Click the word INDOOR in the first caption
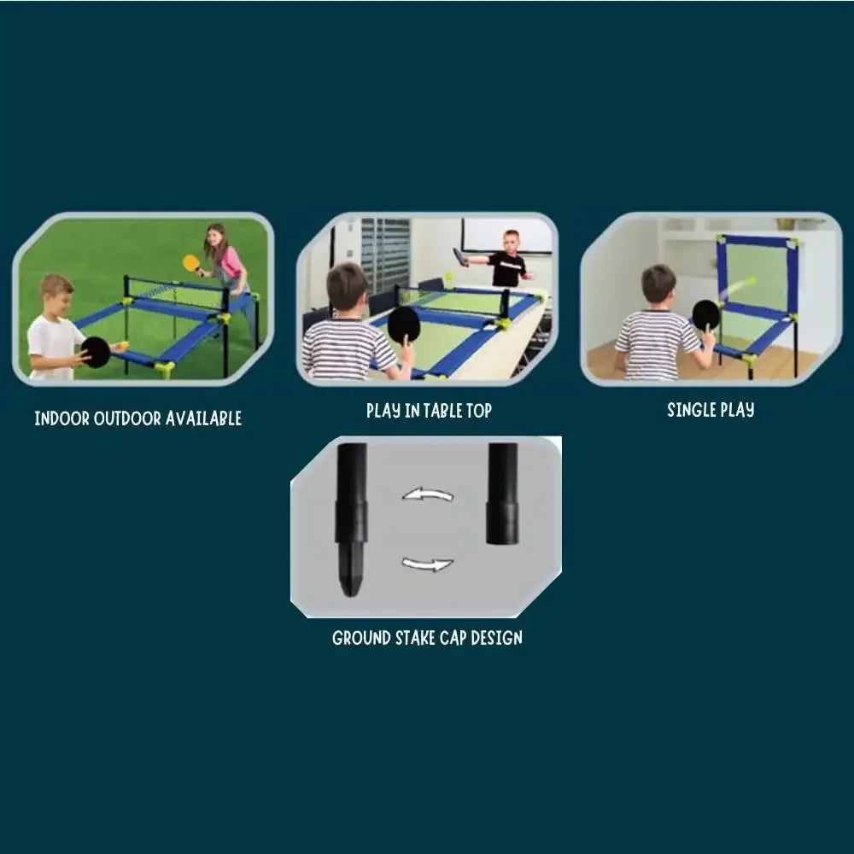tap(61, 418)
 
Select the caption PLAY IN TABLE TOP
tap(429, 411)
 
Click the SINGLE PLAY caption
tap(711, 410)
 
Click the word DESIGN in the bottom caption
tap(494, 638)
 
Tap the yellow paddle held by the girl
tap(190, 263)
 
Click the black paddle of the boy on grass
tap(96, 352)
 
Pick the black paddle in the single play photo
tap(705, 314)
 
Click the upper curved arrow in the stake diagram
tap(427, 494)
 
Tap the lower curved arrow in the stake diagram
tap(427, 564)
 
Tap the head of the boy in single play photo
tap(658, 284)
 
